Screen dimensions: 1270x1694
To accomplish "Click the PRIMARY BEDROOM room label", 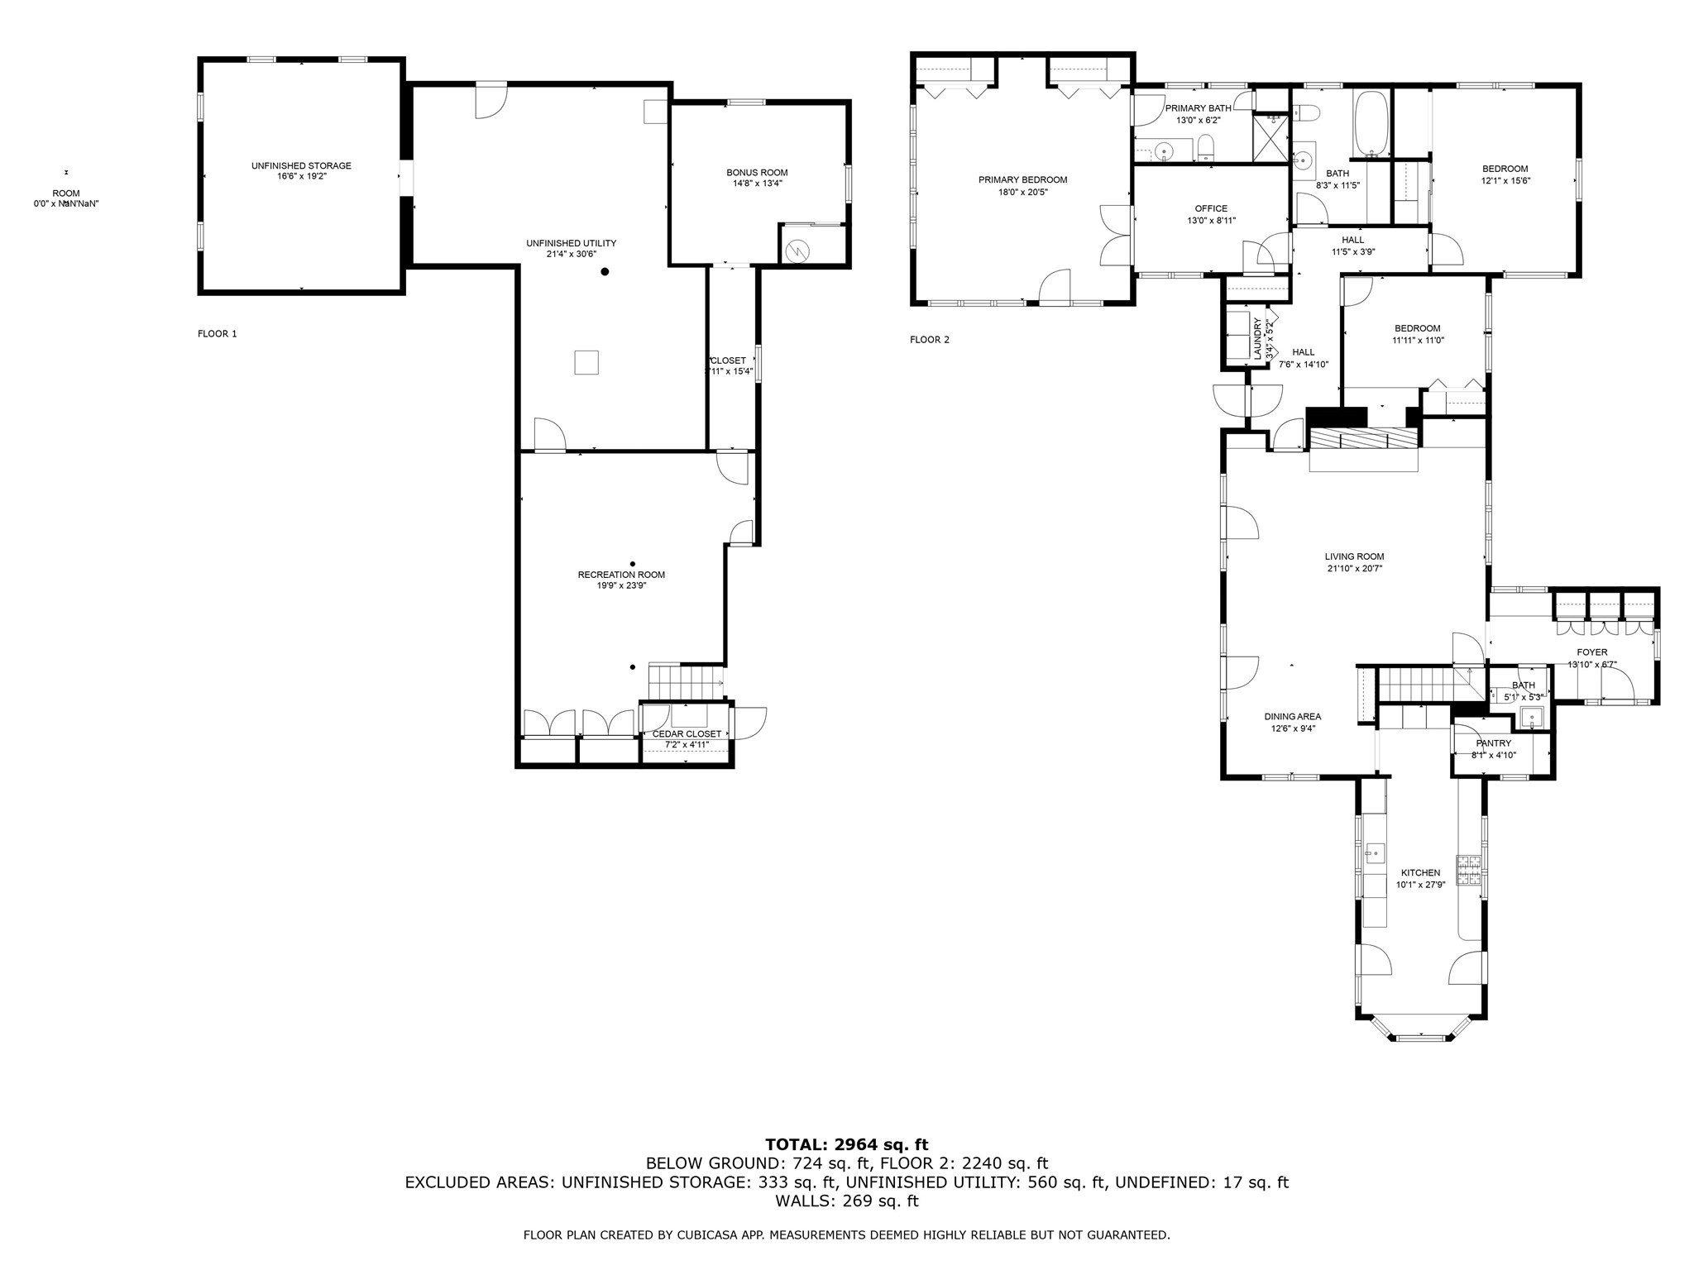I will tap(1022, 179).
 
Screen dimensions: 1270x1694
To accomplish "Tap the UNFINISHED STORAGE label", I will tap(301, 165).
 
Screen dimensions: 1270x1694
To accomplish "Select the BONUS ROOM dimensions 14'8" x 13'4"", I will tap(757, 184).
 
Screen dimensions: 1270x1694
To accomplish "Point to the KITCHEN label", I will tap(1420, 872).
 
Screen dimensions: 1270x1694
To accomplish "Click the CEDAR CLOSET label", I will tap(687, 733).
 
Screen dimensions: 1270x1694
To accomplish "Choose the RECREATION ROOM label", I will tap(620, 575).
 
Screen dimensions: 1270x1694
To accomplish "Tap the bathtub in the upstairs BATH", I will tap(1371, 124).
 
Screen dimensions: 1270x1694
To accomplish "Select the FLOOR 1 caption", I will tap(217, 334).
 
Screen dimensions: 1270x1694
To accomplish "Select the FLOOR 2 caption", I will tap(930, 340).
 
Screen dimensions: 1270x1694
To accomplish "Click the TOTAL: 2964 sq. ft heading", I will tap(846, 1144).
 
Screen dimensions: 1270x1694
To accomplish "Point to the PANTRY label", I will tap(1493, 743).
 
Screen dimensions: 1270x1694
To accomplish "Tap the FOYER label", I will tap(1591, 652).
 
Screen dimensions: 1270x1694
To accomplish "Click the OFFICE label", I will tap(1211, 208).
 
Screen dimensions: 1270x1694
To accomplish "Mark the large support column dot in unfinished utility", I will tap(605, 271).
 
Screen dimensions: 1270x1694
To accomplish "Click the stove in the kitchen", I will tap(1469, 870).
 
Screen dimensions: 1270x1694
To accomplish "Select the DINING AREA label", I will tap(1292, 717).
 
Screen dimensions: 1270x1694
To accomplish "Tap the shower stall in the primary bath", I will tap(1273, 138).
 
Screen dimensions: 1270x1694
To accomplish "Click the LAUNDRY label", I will tap(1256, 339).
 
